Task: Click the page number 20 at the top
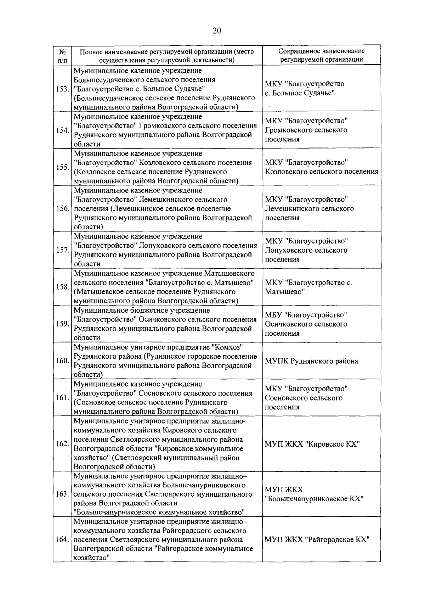tap(217, 31)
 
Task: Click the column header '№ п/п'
tap(62, 55)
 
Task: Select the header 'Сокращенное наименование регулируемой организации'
tap(321, 55)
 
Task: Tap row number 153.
tap(62, 89)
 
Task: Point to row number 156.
tap(62, 208)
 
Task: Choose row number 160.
tap(62, 361)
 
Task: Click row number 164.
tap(62, 540)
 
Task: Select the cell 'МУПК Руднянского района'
tap(311, 361)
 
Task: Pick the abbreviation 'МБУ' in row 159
tap(273, 315)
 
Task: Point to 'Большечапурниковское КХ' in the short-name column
tap(314, 499)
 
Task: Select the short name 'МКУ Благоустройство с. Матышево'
tap(308, 287)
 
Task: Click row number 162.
tap(62, 444)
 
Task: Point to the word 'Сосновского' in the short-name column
tap(285, 398)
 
